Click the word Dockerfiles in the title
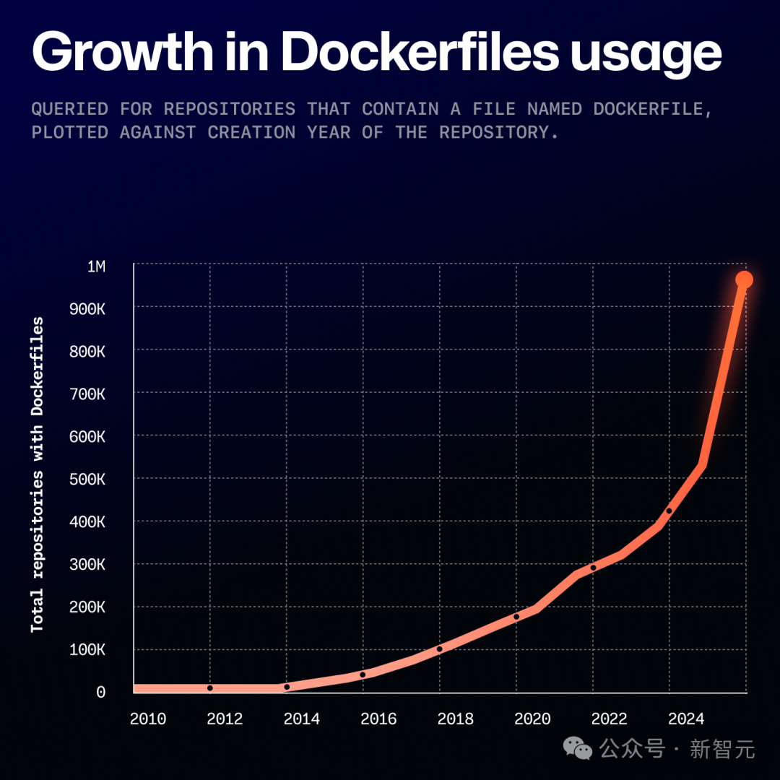(420, 52)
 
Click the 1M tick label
(96, 266)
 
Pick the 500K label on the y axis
(91, 480)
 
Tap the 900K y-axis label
(91, 309)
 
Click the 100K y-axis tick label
(91, 650)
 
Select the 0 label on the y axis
(101, 693)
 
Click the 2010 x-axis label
(148, 719)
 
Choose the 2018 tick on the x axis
(456, 719)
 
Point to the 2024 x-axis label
(686, 719)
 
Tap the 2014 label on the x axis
(302, 719)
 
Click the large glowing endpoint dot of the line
(744, 280)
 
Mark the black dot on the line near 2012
(210, 688)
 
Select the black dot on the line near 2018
(439, 649)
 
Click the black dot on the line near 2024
(669, 511)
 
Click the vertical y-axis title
(38, 475)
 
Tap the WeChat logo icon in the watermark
(578, 749)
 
